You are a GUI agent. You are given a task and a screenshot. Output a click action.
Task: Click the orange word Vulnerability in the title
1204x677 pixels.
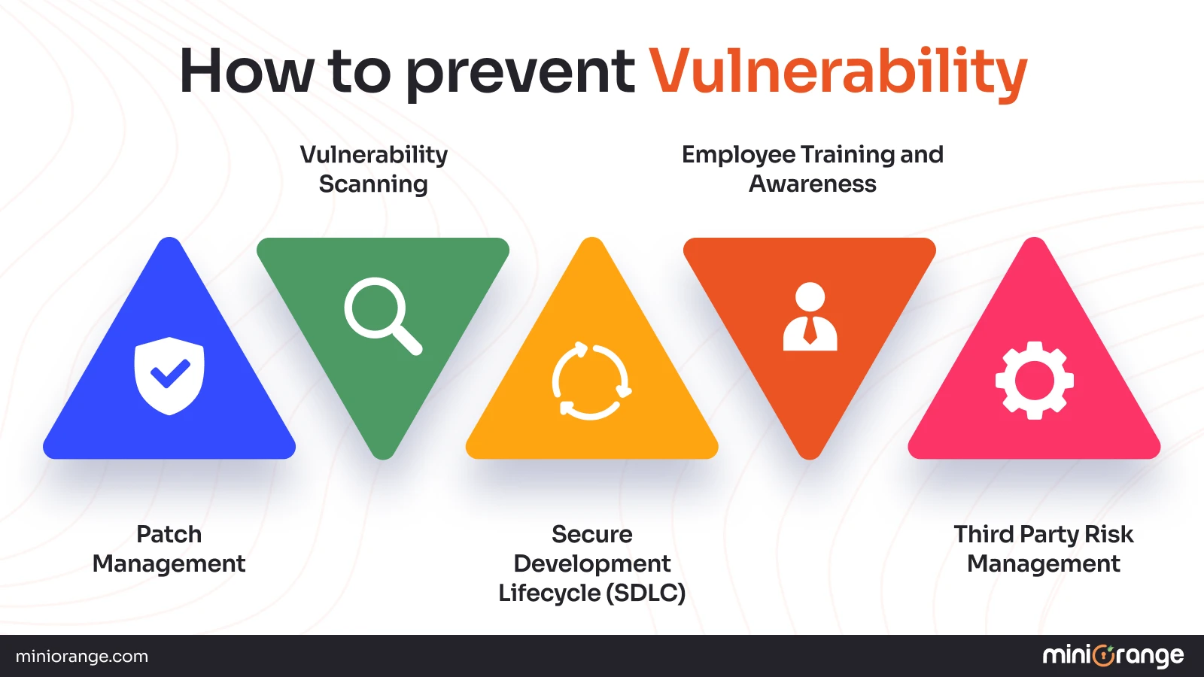pos(838,71)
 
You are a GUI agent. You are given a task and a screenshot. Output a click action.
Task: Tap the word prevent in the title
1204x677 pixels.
pos(520,73)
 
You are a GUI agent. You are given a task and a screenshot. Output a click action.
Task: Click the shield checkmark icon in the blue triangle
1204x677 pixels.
pos(169,375)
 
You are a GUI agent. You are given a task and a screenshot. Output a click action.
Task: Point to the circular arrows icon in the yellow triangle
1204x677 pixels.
pos(591,381)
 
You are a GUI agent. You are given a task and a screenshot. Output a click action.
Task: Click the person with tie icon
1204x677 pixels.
pos(810,317)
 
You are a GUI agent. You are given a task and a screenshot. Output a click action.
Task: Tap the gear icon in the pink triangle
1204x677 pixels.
pos(1034,381)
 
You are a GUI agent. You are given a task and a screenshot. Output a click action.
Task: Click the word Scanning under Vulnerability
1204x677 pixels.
pos(373,184)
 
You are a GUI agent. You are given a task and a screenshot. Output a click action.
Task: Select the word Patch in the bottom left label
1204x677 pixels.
pos(169,534)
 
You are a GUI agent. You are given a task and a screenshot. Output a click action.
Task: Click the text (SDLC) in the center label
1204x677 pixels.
pos(646,593)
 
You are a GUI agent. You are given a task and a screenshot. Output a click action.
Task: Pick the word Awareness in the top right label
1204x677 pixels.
pos(812,184)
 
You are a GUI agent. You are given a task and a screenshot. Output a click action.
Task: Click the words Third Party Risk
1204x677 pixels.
pos(1043,534)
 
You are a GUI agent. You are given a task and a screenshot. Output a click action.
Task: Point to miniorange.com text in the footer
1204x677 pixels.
pos(82,656)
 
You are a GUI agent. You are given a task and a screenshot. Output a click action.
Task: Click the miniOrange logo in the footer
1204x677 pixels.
pos(1113,656)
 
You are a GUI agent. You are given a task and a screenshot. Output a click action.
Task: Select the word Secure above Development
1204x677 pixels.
pos(591,534)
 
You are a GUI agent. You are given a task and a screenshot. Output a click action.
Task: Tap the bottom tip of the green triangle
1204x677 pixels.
pos(383,451)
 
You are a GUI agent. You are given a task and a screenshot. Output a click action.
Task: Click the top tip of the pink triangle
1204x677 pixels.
pos(1035,245)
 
